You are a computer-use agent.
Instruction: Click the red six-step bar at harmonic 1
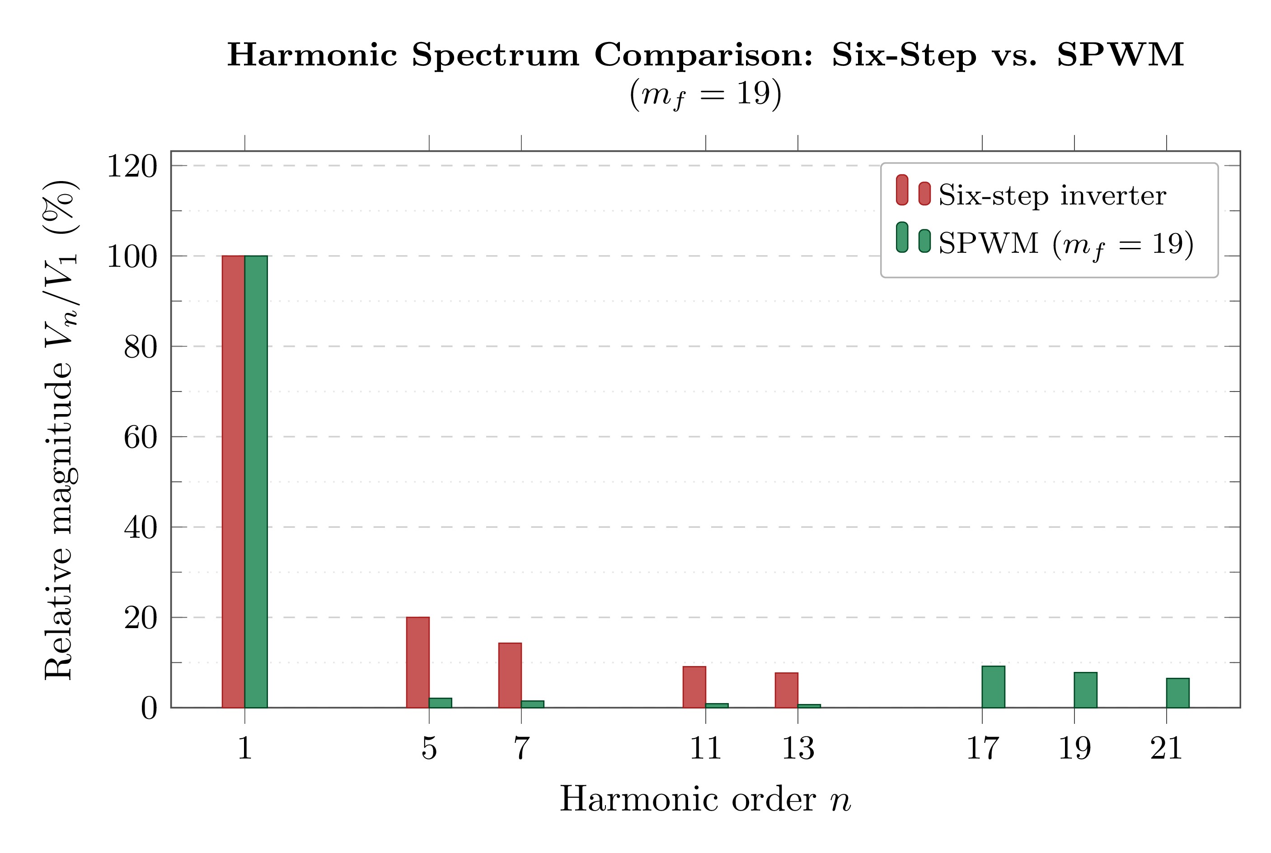233,481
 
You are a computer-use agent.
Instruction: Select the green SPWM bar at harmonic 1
256,481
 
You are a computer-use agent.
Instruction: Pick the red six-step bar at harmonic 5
417,662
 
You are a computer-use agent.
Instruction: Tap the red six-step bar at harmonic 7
510,675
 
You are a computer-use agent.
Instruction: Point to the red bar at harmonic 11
694,687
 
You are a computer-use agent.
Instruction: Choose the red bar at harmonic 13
787,690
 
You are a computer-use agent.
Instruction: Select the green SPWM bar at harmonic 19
1085,690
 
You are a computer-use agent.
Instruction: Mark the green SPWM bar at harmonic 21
1178,693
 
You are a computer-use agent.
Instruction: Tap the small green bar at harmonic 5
441,702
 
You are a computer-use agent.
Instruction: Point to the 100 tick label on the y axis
132,257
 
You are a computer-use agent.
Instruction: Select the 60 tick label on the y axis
141,438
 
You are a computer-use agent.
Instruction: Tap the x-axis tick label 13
798,749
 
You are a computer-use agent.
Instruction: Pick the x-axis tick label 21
1167,749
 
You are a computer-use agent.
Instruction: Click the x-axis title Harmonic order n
705,800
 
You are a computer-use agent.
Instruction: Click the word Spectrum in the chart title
495,56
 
